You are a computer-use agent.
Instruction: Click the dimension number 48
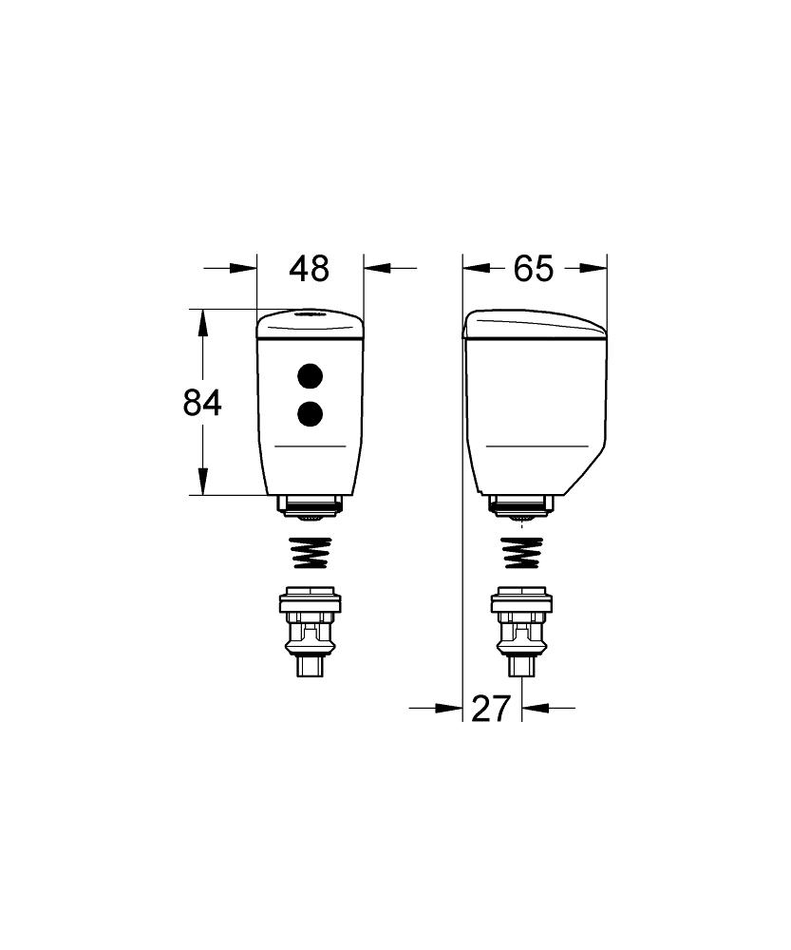(x=310, y=269)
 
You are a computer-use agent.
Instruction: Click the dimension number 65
(x=533, y=269)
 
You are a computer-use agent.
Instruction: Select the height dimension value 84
(x=202, y=404)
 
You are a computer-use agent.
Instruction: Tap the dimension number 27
(x=491, y=708)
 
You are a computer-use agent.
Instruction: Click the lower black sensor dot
(x=310, y=413)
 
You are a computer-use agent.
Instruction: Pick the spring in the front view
(x=310, y=553)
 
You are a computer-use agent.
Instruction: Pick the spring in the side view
(x=520, y=553)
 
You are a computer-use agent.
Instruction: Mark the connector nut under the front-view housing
(x=310, y=506)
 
